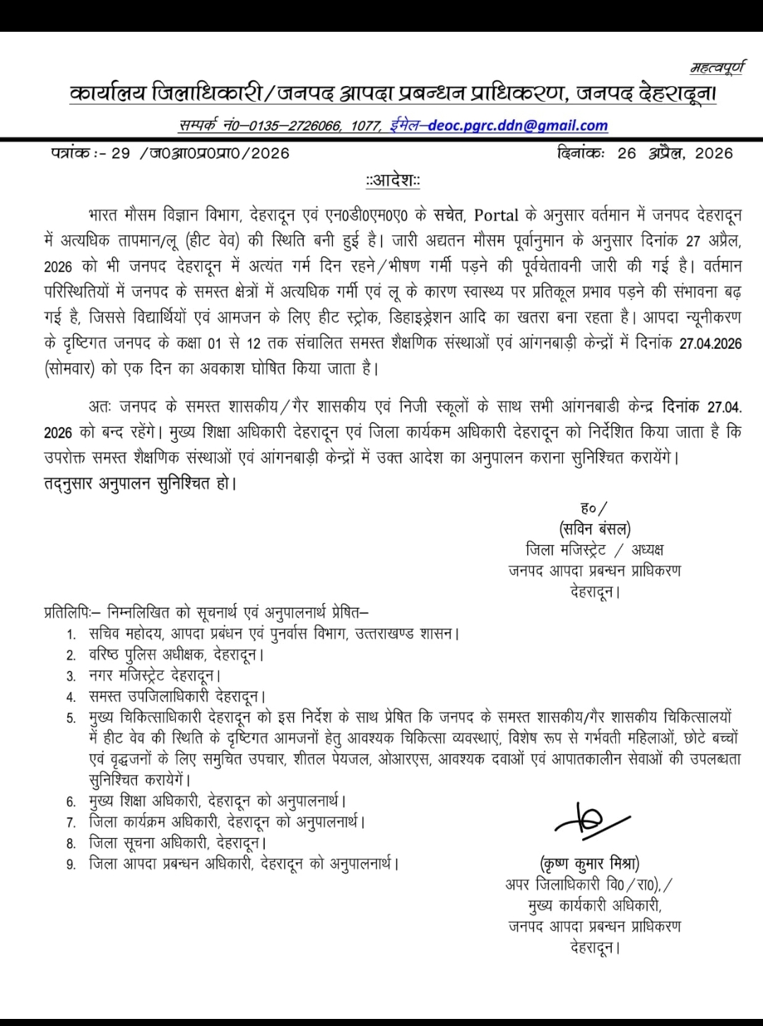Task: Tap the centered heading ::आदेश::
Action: pyautogui.click(x=393, y=181)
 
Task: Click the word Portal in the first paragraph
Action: pyautogui.click(x=496, y=215)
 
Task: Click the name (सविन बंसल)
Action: pyautogui.click(x=594, y=528)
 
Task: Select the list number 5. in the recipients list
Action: pyautogui.click(x=71, y=719)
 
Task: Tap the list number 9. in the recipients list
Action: pyautogui.click(x=71, y=864)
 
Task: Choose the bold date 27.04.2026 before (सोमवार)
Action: pyautogui.click(x=710, y=343)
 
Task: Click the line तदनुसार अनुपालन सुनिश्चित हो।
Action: pyautogui.click(x=140, y=484)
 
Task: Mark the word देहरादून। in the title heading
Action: pyautogui.click(x=677, y=93)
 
